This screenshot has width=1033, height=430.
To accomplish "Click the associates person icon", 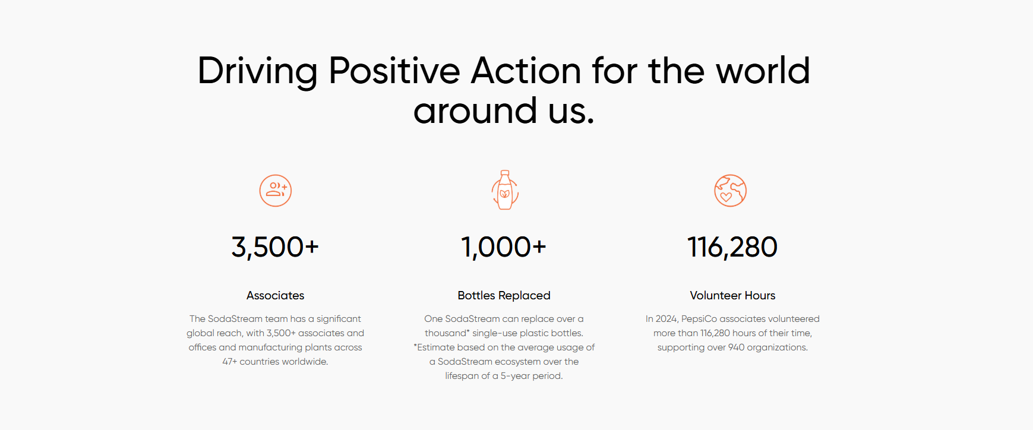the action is [276, 191].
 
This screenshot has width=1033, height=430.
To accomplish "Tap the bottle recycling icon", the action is [505, 190].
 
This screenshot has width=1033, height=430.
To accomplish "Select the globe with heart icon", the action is [730, 191].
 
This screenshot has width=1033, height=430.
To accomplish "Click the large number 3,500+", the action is [275, 247].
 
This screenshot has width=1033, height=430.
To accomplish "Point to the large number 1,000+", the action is [504, 247].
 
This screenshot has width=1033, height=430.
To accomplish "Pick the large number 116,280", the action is [732, 247].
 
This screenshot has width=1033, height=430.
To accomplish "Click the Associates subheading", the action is [276, 295].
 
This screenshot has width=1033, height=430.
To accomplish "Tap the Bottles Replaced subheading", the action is [504, 295].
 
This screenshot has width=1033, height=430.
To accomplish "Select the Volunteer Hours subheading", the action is [732, 295].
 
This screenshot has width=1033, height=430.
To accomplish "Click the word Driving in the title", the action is [258, 71].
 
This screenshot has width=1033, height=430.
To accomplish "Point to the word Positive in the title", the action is [394, 71].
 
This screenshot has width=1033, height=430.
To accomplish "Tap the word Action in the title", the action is [526, 71].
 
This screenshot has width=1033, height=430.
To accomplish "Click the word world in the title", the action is [763, 71].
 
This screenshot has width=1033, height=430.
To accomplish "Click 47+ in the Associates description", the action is [230, 362].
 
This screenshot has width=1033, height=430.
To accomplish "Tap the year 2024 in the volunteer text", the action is [667, 319].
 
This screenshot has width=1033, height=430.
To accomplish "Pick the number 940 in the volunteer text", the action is [737, 347].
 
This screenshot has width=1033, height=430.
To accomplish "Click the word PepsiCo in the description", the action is [700, 319].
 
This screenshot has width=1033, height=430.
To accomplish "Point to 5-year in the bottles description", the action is [515, 376].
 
